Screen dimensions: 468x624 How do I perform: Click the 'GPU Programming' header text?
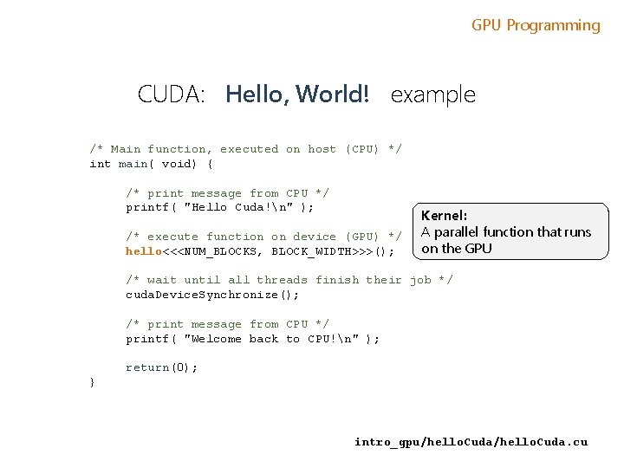[x=536, y=25]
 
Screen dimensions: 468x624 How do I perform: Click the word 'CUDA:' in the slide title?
[x=171, y=94]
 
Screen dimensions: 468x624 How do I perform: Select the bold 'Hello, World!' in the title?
[x=297, y=94]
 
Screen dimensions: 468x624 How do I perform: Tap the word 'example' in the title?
[x=433, y=94]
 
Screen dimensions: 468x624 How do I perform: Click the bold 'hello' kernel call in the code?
[x=144, y=251]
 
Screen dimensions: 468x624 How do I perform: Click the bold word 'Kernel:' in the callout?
[x=445, y=215]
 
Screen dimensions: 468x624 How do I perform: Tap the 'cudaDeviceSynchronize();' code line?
[x=213, y=295]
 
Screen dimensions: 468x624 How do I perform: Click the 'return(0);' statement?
[x=162, y=367]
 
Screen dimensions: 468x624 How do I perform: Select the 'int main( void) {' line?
[x=152, y=164]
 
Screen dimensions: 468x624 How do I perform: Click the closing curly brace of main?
[x=93, y=382]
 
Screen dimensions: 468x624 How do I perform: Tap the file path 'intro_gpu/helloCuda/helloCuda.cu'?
[x=471, y=442]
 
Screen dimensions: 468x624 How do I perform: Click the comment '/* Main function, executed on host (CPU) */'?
[x=245, y=149]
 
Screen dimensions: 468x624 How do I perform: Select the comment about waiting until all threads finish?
[x=289, y=280]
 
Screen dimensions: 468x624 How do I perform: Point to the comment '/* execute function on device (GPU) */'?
[x=263, y=237]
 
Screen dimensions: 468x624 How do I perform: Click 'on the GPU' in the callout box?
[x=457, y=249]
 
